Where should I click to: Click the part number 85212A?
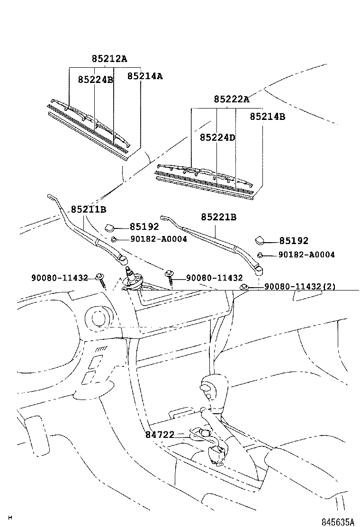pos(109,59)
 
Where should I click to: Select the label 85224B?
pos(96,80)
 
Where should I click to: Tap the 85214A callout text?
pos(144,76)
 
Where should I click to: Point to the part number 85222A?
pos(231,99)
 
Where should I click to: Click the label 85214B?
pos(267,116)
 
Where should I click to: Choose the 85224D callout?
pos(217,137)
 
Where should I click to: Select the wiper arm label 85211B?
pos(89,209)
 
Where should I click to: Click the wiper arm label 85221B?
pos(218,217)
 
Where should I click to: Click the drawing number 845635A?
pos(338,522)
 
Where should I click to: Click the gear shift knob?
pos(208,388)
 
